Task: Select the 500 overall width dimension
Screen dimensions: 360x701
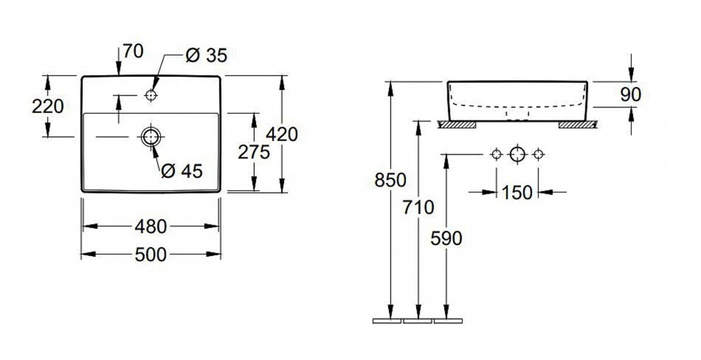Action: pyautogui.click(x=151, y=255)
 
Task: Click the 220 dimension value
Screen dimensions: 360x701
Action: pyautogui.click(x=48, y=106)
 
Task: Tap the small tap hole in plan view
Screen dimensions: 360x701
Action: pyautogui.click(x=151, y=96)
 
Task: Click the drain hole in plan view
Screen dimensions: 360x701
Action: pyautogui.click(x=151, y=137)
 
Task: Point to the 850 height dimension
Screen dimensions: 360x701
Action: pyautogui.click(x=391, y=180)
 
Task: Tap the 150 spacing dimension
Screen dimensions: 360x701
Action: pyautogui.click(x=517, y=193)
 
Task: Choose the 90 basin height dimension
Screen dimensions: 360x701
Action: pyautogui.click(x=629, y=94)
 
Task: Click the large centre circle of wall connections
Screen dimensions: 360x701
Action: pyautogui.click(x=517, y=154)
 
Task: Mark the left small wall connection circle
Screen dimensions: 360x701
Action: pyautogui.click(x=496, y=154)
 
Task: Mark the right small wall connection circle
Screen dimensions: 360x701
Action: pyautogui.click(x=538, y=154)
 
